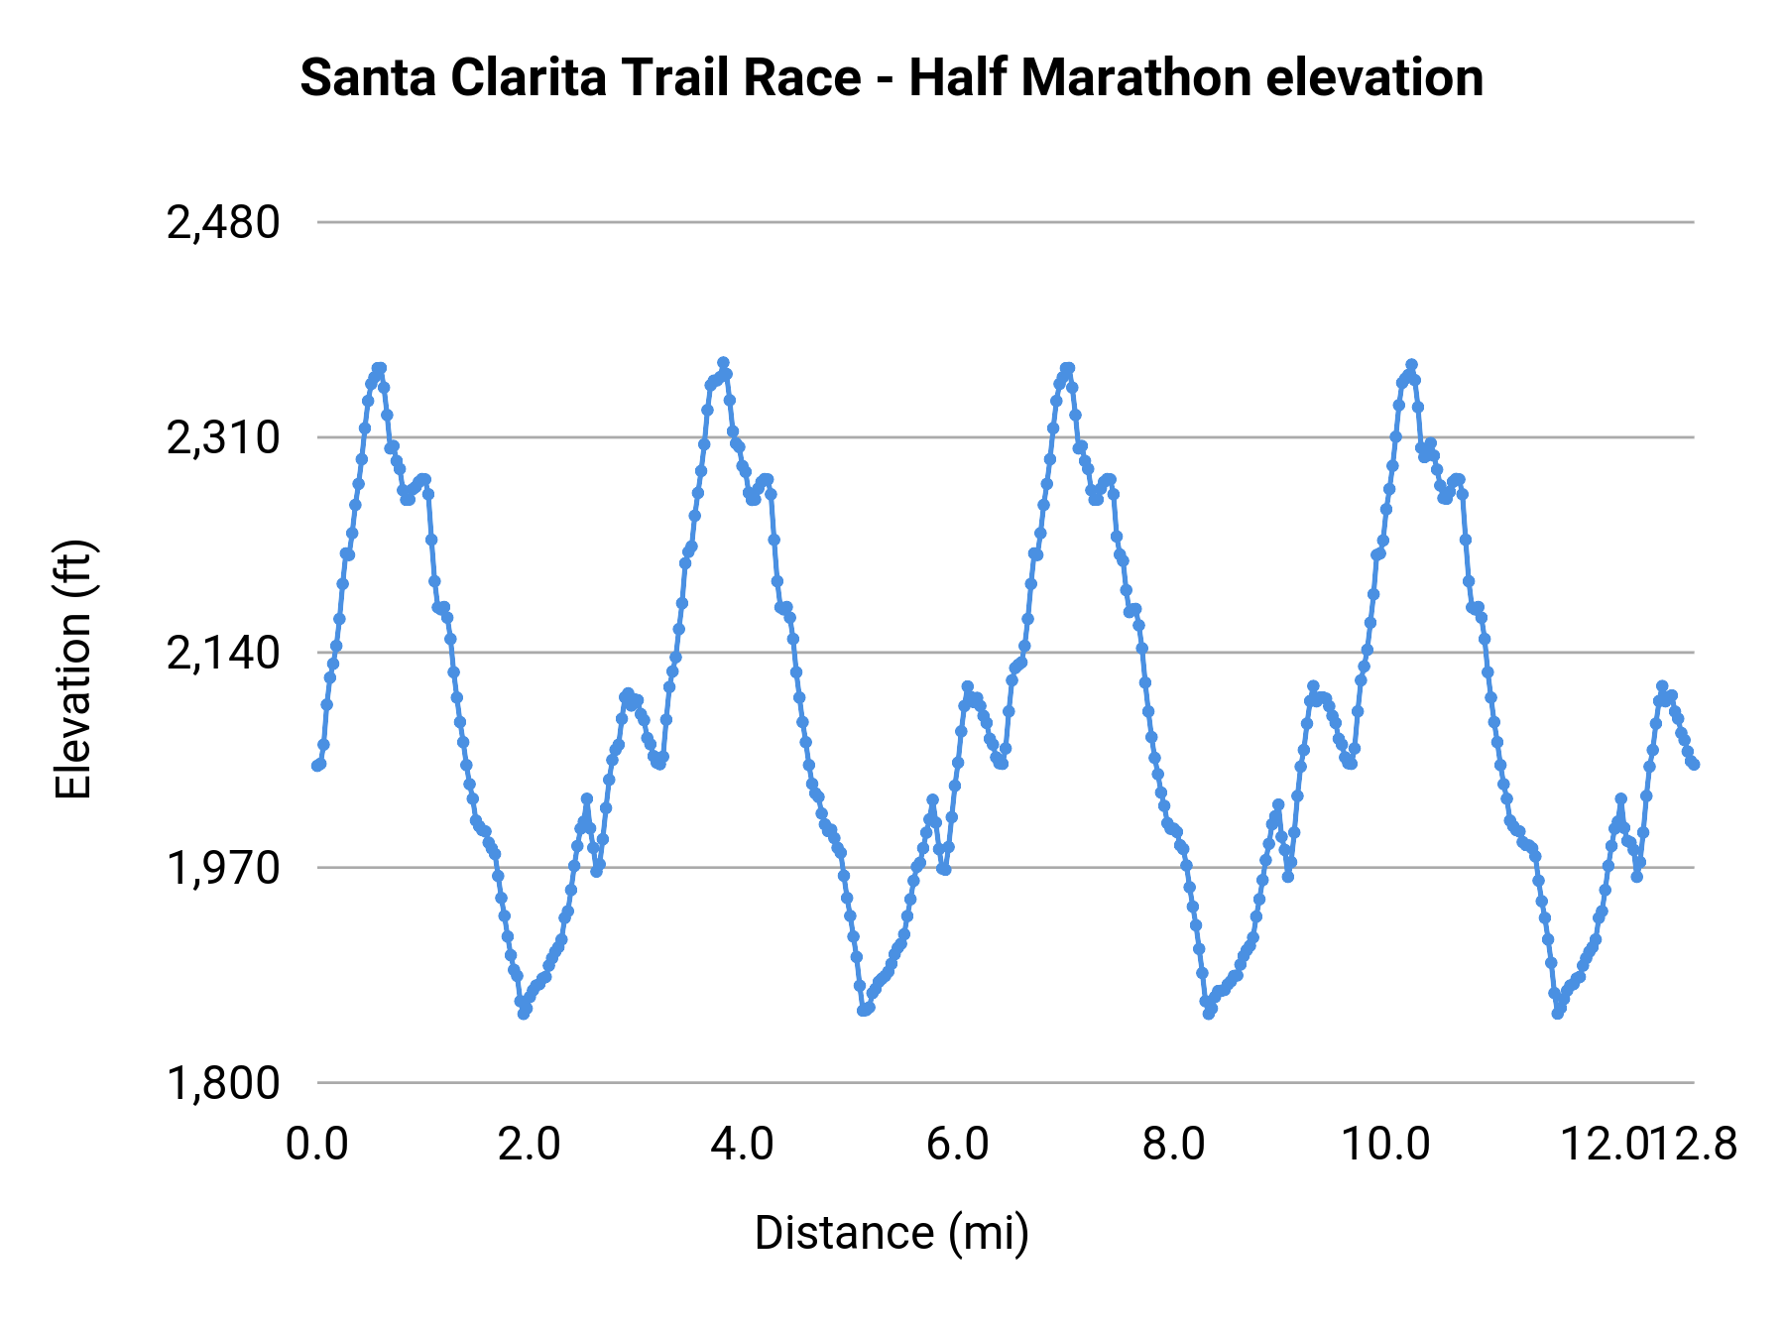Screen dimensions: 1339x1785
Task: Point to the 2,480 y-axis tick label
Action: click(x=223, y=223)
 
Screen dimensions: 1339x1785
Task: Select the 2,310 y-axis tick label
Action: click(x=223, y=438)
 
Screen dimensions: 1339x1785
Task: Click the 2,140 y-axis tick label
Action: click(x=223, y=654)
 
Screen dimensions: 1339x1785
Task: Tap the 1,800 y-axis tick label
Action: click(x=223, y=1083)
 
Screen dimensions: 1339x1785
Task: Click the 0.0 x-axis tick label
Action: click(x=317, y=1145)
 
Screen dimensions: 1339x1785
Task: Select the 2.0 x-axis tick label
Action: click(x=530, y=1145)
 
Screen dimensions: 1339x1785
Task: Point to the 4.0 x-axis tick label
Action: click(x=743, y=1145)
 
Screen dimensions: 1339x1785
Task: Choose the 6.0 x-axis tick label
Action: click(x=958, y=1145)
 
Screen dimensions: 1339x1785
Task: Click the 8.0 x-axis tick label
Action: click(x=1173, y=1145)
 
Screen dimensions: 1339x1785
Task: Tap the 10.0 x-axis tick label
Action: click(x=1385, y=1145)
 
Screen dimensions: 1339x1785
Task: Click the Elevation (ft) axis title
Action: click(x=73, y=669)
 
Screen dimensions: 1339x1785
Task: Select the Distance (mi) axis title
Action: click(x=892, y=1233)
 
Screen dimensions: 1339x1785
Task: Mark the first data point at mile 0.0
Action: click(x=316, y=766)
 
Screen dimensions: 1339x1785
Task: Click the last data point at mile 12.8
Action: click(x=1695, y=765)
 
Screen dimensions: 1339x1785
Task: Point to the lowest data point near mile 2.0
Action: click(x=524, y=1014)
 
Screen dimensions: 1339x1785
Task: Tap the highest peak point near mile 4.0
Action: click(x=723, y=363)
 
